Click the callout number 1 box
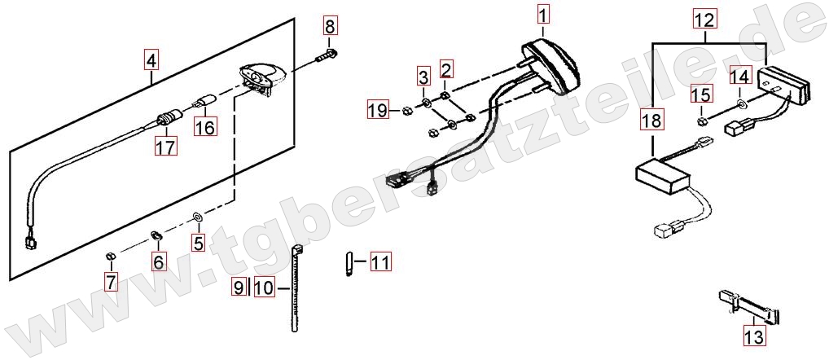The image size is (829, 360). (542, 14)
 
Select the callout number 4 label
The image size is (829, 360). (151, 61)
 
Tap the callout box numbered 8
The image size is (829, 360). (330, 26)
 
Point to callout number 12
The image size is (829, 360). (705, 20)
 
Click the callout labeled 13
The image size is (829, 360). (754, 336)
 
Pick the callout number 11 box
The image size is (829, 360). (380, 261)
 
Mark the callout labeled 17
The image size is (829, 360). (165, 145)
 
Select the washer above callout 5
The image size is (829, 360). (197, 216)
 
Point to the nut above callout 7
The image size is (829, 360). (110, 257)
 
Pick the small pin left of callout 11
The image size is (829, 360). (349, 263)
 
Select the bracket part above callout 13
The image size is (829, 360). (750, 307)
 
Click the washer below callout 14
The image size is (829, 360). (740, 102)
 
